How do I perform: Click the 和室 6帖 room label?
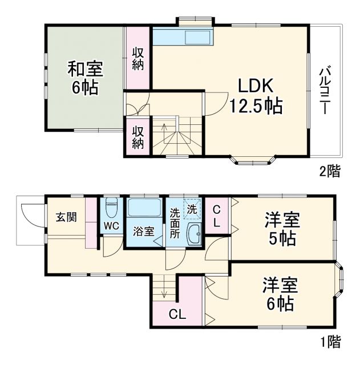(84, 79)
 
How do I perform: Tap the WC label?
(111, 225)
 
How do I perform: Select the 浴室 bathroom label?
(143, 232)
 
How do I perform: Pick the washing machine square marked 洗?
(192, 209)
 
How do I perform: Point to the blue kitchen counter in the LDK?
(183, 38)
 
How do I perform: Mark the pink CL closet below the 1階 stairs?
(177, 314)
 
